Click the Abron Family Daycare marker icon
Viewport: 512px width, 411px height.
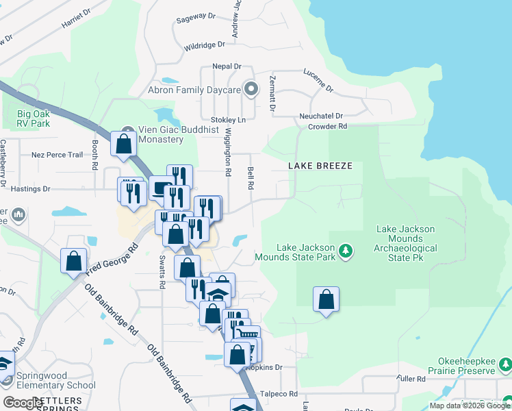click(x=251, y=90)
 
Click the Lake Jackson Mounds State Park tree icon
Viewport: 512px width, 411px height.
click(x=346, y=251)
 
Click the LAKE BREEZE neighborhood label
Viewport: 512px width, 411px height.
click(x=320, y=166)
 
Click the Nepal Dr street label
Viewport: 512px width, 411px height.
click(x=228, y=66)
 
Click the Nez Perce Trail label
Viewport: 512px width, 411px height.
click(x=57, y=155)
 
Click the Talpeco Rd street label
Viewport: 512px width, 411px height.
click(x=282, y=394)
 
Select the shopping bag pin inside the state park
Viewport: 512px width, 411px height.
click(x=327, y=299)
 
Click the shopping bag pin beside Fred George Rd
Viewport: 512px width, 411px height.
click(x=74, y=260)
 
